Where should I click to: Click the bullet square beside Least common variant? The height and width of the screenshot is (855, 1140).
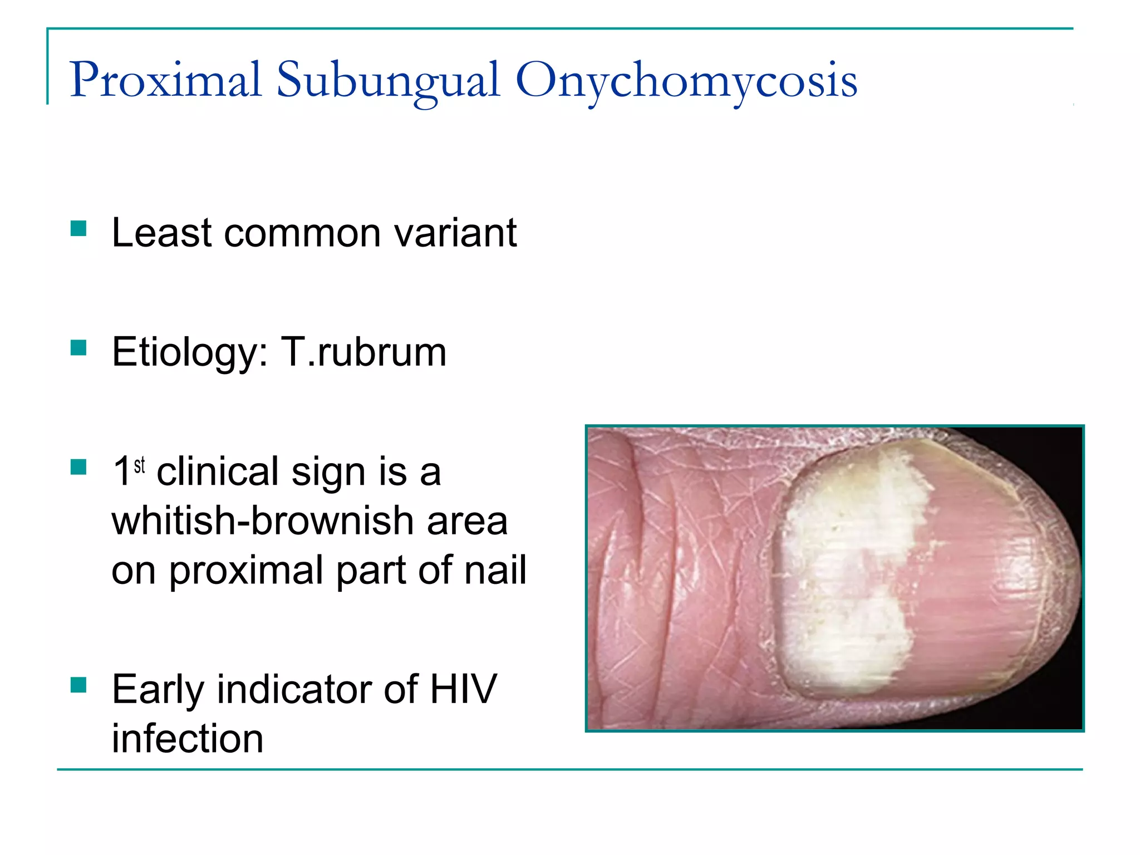78,229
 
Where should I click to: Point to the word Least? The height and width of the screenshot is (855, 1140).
161,233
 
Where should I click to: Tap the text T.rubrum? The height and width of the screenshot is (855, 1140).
363,353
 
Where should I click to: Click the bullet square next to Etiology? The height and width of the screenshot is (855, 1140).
78,348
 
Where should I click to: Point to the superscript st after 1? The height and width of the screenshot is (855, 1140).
140,465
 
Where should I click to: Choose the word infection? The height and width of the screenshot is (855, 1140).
188,739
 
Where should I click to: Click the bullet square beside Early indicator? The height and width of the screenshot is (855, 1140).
78,685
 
